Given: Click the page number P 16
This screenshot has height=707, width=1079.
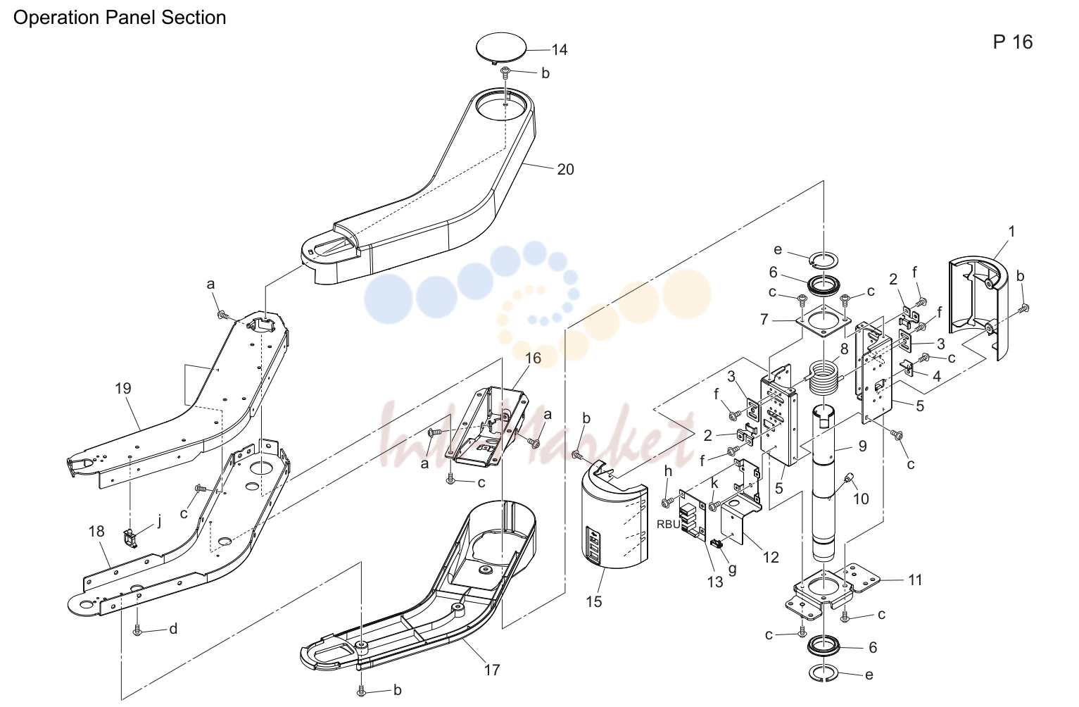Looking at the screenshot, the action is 1013,42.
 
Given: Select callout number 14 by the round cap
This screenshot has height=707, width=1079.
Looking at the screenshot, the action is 560,49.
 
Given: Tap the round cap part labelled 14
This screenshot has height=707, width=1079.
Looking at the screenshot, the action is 501,48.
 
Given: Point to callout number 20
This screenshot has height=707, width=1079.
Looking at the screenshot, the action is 565,169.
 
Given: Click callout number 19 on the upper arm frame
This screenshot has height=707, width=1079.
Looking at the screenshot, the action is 123,388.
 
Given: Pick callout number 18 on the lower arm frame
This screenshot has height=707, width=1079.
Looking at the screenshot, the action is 96,531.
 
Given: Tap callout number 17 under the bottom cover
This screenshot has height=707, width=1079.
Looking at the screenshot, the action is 492,670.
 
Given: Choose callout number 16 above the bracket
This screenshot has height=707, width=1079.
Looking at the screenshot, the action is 533,358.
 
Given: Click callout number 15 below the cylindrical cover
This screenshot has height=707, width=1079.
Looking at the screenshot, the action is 594,601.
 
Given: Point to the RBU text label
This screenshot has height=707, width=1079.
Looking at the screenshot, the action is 669,525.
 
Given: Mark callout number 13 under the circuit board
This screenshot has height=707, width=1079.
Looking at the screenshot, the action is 715,582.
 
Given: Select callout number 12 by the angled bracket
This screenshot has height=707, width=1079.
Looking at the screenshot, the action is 771,557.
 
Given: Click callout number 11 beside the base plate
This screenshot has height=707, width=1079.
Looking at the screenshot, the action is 915,580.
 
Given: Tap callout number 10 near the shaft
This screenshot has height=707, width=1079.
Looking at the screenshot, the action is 861,499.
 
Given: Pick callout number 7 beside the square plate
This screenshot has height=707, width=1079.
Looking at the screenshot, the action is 764,319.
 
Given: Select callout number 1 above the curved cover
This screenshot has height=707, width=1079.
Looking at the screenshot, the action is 1011,232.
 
